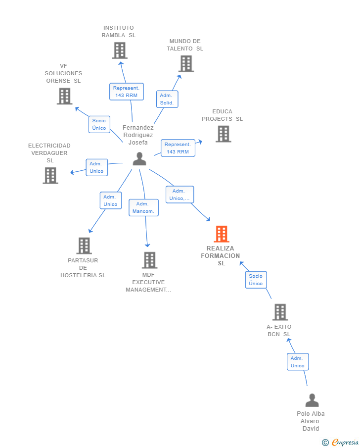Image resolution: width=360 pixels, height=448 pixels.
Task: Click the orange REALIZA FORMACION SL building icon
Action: click(x=222, y=234)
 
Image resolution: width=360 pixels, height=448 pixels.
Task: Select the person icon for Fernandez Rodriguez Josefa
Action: click(x=139, y=159)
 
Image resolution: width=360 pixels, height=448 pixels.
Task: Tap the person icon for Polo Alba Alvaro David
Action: click(x=312, y=400)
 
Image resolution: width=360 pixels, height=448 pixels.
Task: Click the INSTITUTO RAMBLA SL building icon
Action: click(x=119, y=50)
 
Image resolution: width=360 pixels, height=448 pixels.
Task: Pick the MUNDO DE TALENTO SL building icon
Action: click(x=186, y=64)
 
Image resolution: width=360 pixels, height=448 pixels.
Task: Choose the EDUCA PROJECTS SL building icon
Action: click(x=223, y=134)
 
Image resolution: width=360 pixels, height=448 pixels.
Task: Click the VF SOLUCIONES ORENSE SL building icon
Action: click(x=64, y=96)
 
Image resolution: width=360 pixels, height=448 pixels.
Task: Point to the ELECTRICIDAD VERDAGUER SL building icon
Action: click(x=50, y=175)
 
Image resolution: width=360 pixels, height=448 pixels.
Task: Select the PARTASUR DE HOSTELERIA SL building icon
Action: click(x=84, y=246)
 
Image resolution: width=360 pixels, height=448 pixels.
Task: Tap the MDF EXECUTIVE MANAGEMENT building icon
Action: click(x=149, y=260)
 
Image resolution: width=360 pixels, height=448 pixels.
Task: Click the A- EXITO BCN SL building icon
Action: click(x=280, y=312)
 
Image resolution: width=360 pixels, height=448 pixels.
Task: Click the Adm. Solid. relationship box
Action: click(x=167, y=99)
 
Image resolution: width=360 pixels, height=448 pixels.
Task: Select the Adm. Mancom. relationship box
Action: click(x=143, y=207)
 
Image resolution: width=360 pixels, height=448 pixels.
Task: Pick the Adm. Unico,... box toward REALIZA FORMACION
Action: click(x=180, y=195)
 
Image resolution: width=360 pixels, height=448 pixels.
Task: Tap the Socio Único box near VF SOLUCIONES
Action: click(x=99, y=124)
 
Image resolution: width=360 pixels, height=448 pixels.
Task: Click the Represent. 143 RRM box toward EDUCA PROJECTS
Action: click(x=178, y=148)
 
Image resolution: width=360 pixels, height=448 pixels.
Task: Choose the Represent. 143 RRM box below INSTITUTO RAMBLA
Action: click(x=126, y=92)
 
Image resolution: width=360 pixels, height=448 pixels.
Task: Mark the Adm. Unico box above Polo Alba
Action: click(x=298, y=362)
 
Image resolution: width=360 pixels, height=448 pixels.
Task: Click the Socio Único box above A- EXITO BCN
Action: click(x=256, y=280)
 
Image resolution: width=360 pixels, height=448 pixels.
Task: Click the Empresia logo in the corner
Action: click(x=341, y=443)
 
